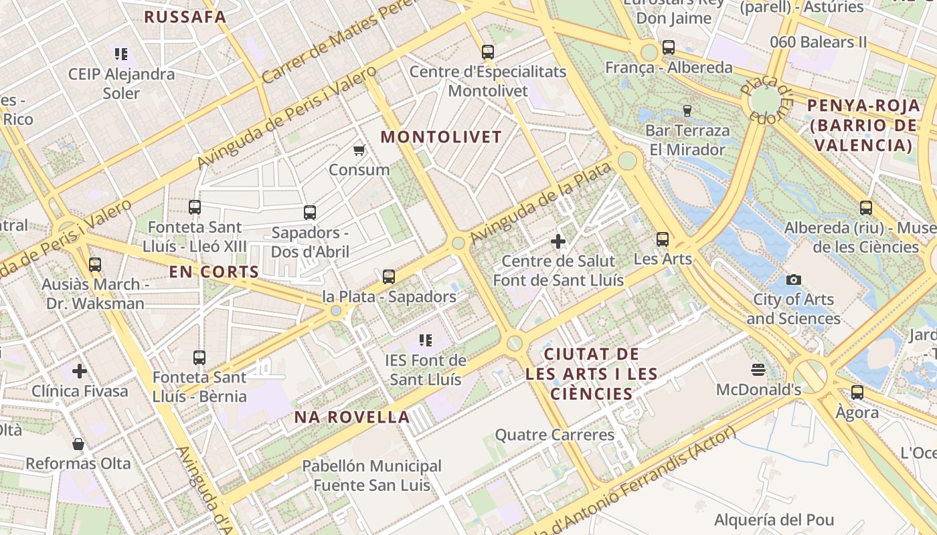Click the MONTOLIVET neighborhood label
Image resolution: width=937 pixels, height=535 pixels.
(x=441, y=137)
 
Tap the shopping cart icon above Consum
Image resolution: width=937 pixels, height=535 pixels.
(x=359, y=150)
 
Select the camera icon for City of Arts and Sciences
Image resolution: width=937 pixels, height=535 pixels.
(x=794, y=280)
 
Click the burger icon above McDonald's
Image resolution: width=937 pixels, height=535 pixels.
(x=758, y=370)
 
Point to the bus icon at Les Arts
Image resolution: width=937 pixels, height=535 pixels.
(x=663, y=239)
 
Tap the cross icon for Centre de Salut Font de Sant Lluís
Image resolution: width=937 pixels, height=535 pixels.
(x=558, y=241)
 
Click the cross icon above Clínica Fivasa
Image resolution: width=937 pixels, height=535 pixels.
(x=80, y=370)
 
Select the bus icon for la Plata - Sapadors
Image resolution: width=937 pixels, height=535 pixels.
(x=389, y=276)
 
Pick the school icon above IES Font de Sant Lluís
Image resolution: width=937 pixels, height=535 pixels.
(x=425, y=340)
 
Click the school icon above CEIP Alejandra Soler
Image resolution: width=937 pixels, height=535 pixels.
(x=121, y=54)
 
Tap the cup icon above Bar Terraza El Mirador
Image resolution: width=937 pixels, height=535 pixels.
(x=687, y=110)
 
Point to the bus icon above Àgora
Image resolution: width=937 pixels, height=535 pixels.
(x=857, y=393)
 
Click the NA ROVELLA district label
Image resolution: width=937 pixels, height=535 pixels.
(x=353, y=417)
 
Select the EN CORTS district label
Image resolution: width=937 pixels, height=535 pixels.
(x=214, y=272)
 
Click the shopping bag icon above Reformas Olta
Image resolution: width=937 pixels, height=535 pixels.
(x=78, y=444)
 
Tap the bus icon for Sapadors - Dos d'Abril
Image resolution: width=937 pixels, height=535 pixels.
(x=310, y=213)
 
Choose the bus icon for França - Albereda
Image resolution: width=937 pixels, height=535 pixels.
(x=669, y=47)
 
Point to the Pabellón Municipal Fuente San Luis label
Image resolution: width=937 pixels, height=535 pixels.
(x=371, y=475)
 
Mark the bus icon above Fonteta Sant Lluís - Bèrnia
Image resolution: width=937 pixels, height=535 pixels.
(x=199, y=357)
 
